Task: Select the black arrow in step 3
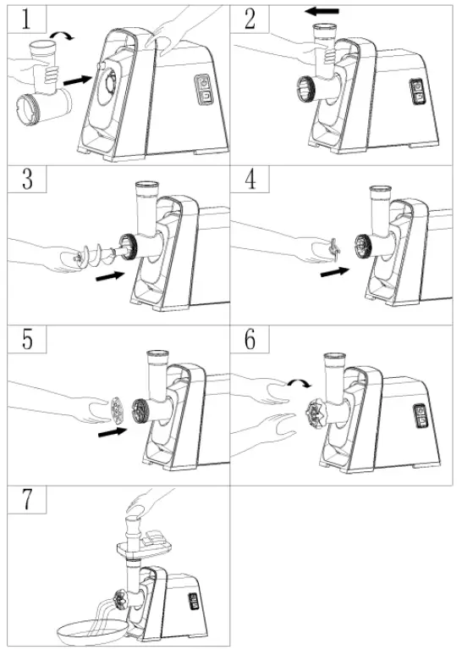[111, 278]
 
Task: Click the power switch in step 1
[203, 88]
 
